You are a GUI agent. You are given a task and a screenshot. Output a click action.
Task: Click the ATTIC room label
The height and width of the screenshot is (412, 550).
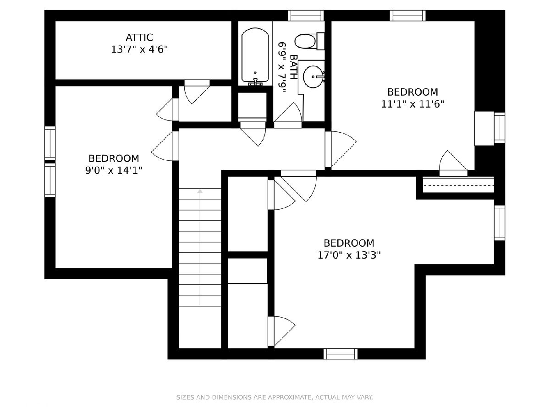(x=139, y=38)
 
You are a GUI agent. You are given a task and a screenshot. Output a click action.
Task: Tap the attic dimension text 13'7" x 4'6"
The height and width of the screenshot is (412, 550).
(x=139, y=49)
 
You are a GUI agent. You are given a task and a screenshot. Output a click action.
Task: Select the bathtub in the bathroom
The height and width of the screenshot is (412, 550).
(x=255, y=56)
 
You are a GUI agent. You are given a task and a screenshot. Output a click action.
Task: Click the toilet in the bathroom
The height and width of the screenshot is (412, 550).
(x=309, y=41)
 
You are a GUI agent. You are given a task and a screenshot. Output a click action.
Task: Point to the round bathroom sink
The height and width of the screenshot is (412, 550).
(x=313, y=77)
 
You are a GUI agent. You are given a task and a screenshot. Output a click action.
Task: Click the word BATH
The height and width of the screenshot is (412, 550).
(x=293, y=67)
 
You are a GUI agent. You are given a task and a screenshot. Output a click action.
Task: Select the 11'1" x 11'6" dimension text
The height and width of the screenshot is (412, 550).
(x=412, y=104)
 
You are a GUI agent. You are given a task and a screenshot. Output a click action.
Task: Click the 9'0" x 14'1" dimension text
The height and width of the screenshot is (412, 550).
(x=114, y=171)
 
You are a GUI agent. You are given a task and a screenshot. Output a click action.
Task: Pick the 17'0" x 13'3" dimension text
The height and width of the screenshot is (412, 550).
(x=349, y=255)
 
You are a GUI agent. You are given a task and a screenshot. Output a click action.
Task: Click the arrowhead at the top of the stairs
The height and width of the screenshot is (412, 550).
(x=200, y=191)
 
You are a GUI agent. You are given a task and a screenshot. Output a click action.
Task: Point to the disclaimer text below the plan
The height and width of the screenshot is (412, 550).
(x=275, y=397)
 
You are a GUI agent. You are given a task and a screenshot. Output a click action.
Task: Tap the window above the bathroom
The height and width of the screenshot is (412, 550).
(x=306, y=16)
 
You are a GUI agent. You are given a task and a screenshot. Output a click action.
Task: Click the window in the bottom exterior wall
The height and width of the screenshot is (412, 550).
(x=341, y=354)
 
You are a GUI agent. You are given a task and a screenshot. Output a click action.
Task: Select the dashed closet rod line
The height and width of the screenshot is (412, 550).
(x=458, y=185)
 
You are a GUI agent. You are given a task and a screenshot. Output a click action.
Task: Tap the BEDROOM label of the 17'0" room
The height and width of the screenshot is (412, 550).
(x=349, y=243)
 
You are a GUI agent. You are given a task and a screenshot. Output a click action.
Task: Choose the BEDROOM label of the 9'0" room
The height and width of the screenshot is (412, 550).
(x=114, y=158)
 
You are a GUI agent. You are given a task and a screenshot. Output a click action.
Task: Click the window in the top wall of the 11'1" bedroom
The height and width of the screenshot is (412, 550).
(x=407, y=16)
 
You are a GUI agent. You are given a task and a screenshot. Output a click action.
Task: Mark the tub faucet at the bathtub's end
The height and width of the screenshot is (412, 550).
(x=255, y=82)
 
